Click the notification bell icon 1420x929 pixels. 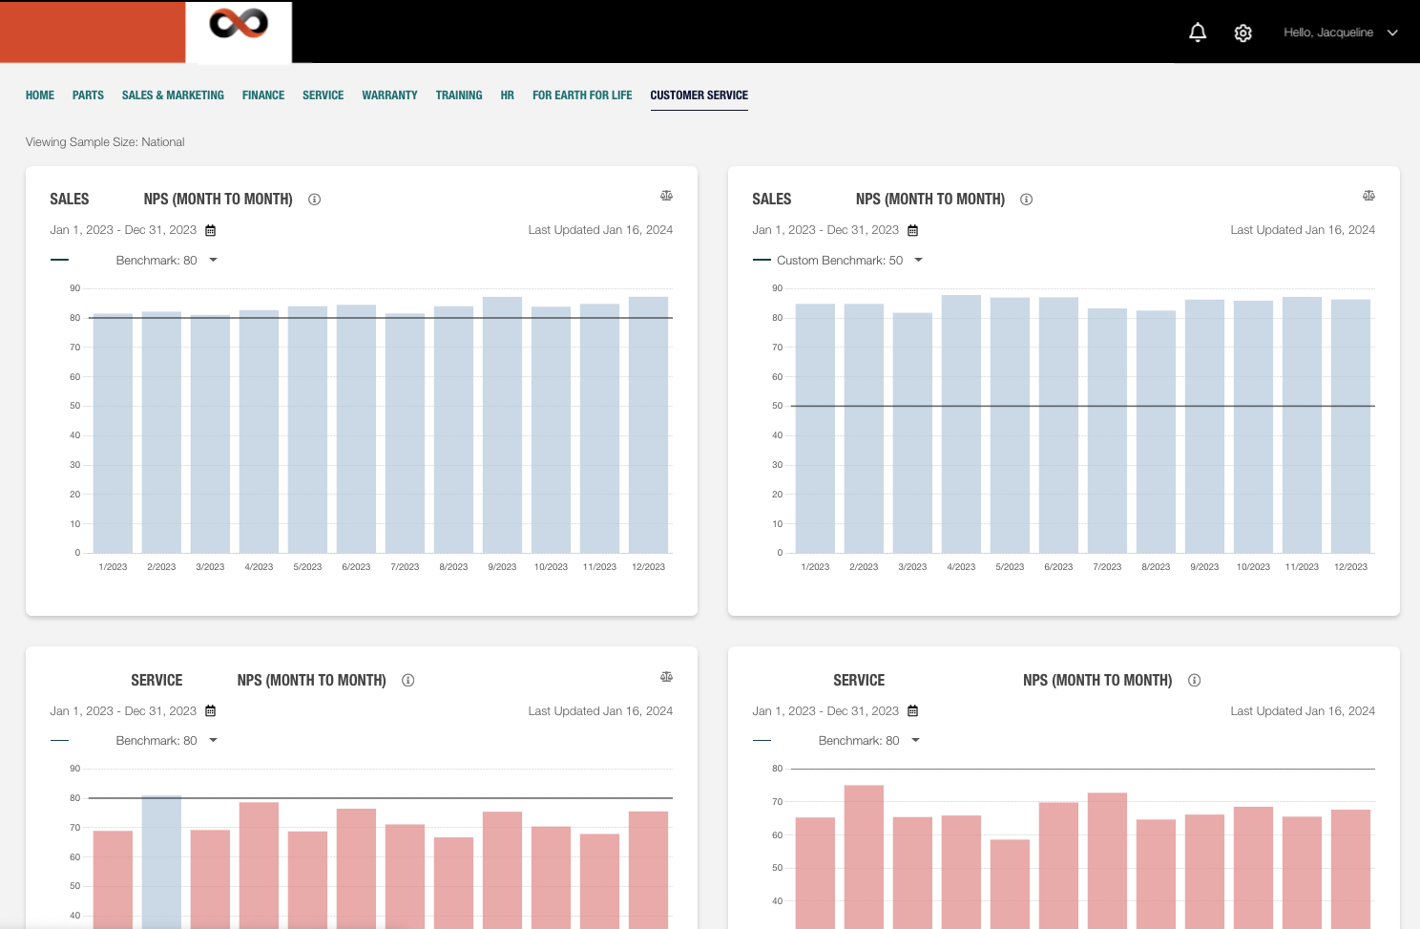click(1198, 32)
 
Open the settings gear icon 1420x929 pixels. click(1242, 33)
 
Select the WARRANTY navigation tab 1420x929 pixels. click(389, 95)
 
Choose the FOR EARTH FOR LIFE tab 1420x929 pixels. click(582, 95)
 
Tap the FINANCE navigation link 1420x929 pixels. click(263, 95)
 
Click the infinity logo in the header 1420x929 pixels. click(239, 24)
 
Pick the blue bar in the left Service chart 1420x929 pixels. click(161, 859)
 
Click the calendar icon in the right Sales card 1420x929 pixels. click(912, 230)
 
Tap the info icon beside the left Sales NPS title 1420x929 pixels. click(314, 200)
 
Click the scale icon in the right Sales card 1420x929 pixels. click(1368, 196)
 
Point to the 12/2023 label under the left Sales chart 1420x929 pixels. click(648, 567)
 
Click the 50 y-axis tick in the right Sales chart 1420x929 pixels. click(777, 406)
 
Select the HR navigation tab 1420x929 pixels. click(507, 95)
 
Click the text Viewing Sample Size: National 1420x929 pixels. click(105, 142)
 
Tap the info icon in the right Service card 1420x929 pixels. click(1194, 681)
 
